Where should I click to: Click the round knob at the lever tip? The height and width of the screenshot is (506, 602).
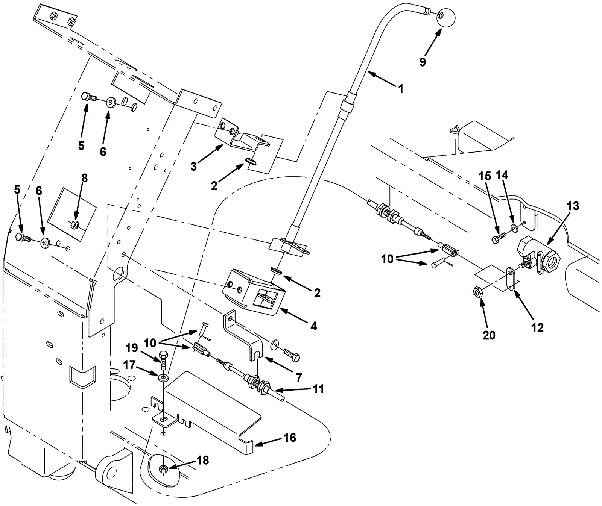pyautogui.click(x=446, y=17)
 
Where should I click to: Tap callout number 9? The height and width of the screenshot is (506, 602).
pyautogui.click(x=423, y=62)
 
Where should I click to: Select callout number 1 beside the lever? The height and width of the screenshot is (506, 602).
pyautogui.click(x=401, y=89)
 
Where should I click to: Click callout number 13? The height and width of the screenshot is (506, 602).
pyautogui.click(x=573, y=206)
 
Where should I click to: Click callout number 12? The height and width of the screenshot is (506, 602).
pyautogui.click(x=537, y=328)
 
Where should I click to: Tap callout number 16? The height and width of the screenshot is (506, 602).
pyautogui.click(x=290, y=438)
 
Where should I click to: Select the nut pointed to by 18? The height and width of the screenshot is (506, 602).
pyautogui.click(x=163, y=468)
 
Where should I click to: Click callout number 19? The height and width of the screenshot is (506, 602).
pyautogui.click(x=132, y=348)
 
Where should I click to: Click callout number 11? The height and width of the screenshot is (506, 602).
pyautogui.click(x=318, y=389)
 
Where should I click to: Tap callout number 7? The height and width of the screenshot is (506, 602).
pyautogui.click(x=299, y=377)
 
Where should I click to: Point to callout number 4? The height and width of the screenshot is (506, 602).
pyautogui.click(x=313, y=326)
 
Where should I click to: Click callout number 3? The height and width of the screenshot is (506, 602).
pyautogui.click(x=193, y=166)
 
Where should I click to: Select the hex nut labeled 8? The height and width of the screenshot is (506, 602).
pyautogui.click(x=74, y=225)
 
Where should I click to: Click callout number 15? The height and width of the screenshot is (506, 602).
pyautogui.click(x=485, y=176)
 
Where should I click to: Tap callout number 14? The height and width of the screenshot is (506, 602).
pyautogui.click(x=502, y=175)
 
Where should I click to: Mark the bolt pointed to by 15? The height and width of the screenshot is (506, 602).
pyautogui.click(x=497, y=238)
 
